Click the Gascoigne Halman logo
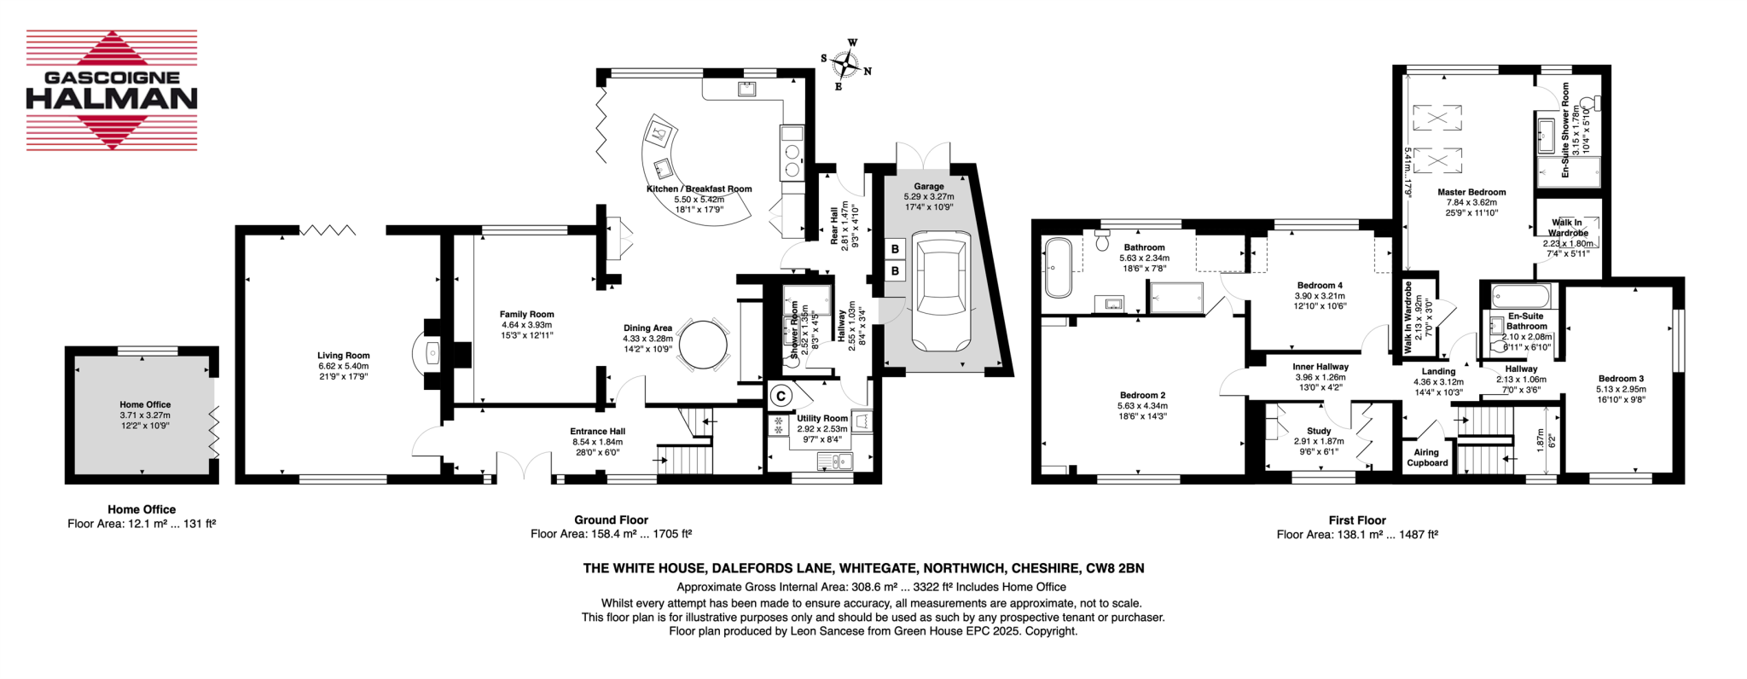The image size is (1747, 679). point(112,90)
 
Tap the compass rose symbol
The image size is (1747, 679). point(846,64)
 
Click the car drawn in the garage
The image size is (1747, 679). point(941,291)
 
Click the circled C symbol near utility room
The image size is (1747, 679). point(781,396)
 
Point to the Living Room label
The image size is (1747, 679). point(343,356)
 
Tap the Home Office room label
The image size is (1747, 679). point(145,405)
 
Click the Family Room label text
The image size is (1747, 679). point(526,315)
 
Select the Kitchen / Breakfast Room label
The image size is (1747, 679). point(699,189)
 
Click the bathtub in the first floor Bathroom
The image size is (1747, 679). point(1058,268)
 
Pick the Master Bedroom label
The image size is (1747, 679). point(1471,193)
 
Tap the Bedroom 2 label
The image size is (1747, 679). point(1142,396)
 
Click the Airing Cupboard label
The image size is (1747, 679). point(1427,458)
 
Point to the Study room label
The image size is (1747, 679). point(1318,432)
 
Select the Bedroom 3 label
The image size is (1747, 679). point(1621,379)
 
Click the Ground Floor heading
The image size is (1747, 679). point(611,520)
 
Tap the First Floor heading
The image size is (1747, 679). point(1356,520)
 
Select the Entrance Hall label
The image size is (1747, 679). point(598,432)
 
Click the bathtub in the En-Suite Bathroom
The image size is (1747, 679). point(1521,297)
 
